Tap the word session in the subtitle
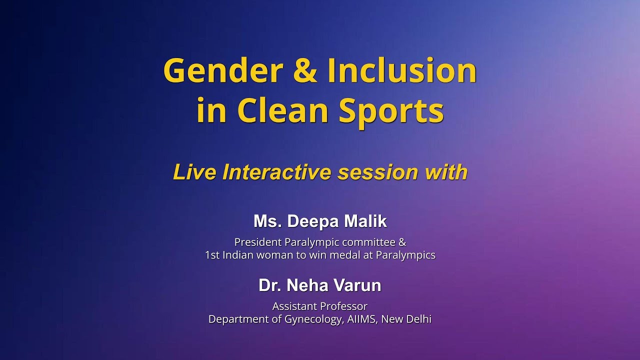point(378,172)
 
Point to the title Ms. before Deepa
point(266,221)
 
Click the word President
point(258,242)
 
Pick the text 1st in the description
point(212,255)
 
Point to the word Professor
point(342,306)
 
